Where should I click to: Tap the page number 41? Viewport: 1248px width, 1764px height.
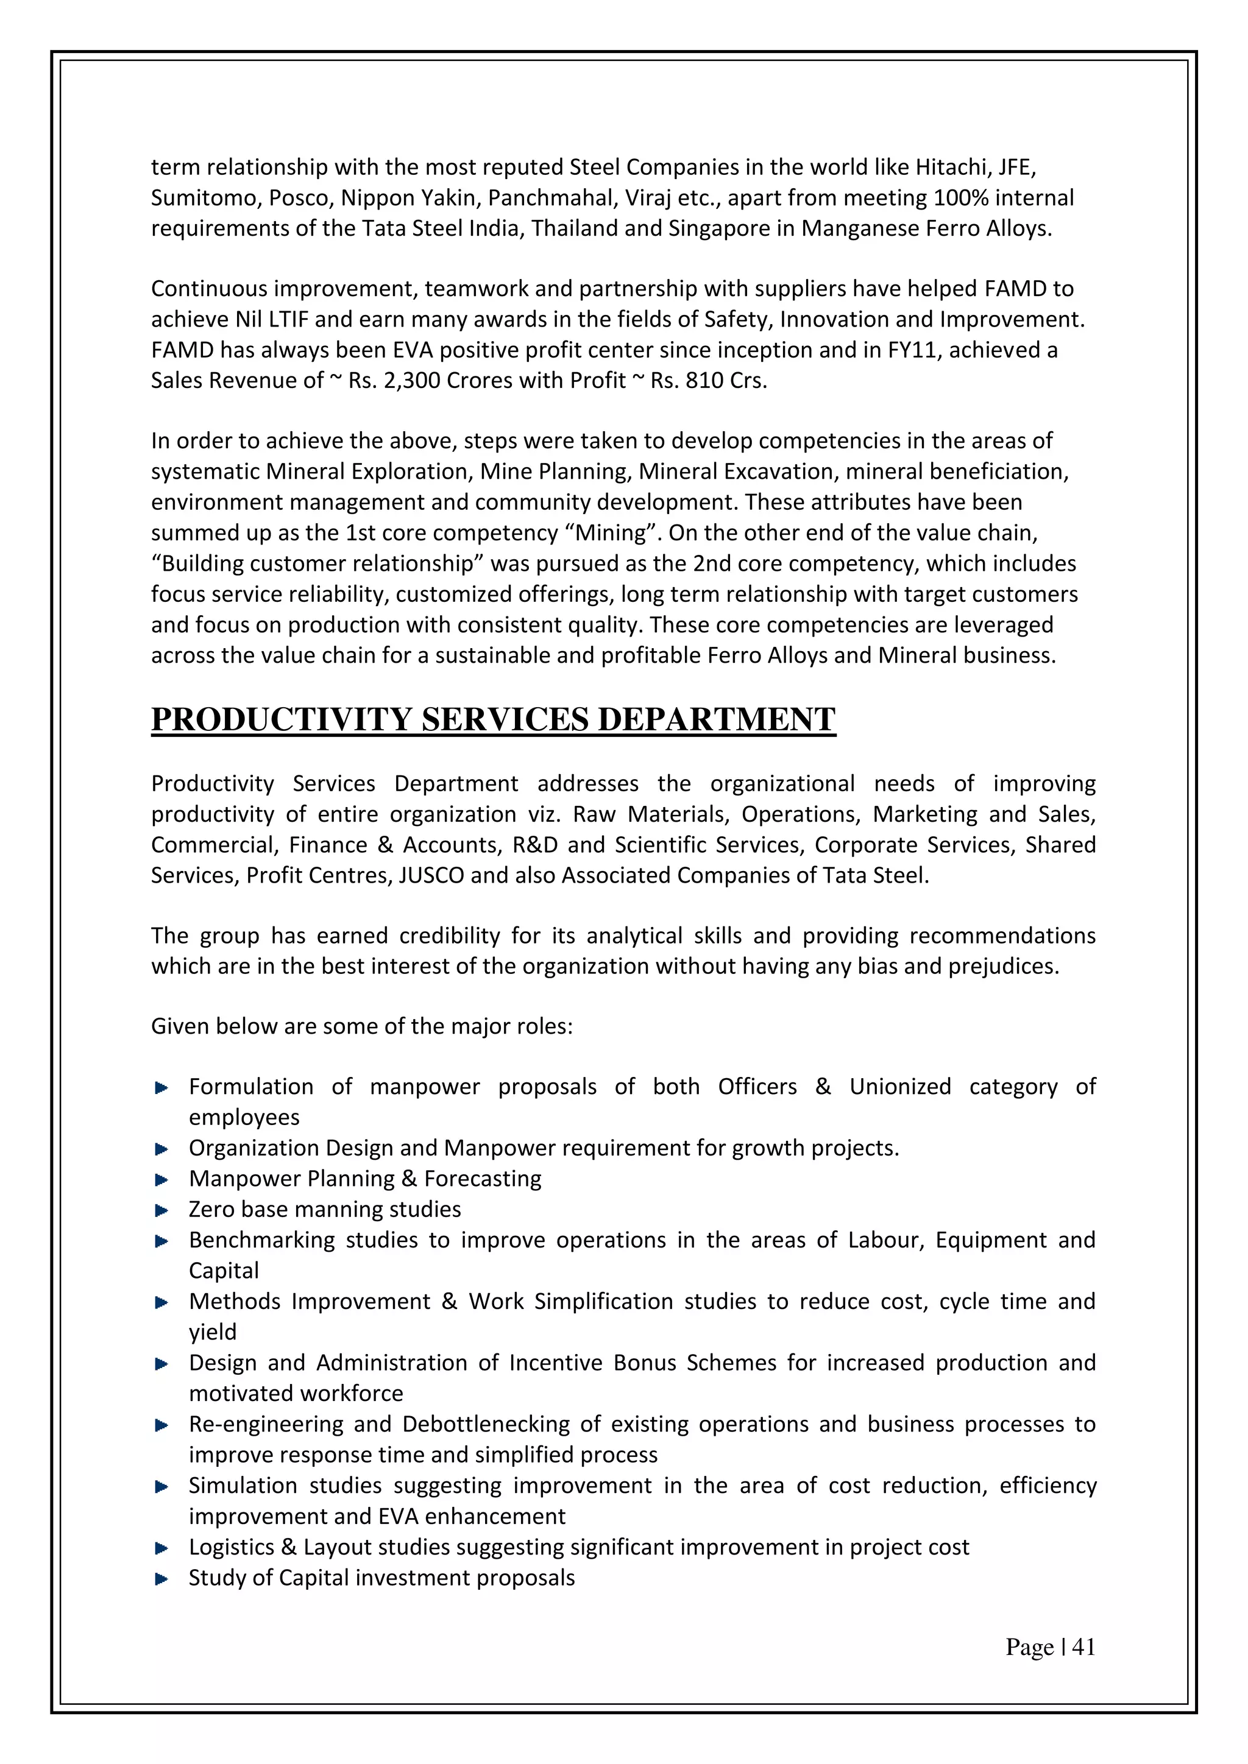pos(1083,1646)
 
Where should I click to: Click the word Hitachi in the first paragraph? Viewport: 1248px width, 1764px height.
pos(951,167)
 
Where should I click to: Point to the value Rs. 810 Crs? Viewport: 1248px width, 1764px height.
pos(709,380)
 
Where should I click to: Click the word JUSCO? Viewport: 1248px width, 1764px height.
pos(431,875)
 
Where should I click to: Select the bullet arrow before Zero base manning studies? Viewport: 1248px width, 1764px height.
pos(161,1211)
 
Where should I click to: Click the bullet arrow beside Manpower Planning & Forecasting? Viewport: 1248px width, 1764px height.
pos(161,1180)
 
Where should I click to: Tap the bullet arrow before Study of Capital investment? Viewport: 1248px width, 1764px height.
pos(161,1579)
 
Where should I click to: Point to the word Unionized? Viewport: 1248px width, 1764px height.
pos(900,1087)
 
